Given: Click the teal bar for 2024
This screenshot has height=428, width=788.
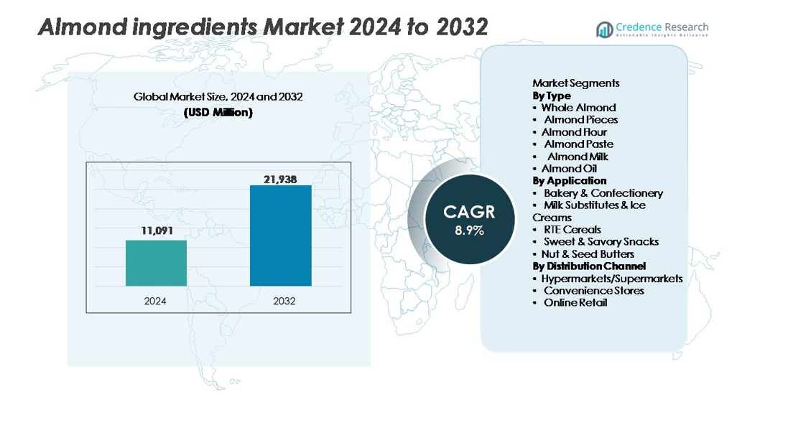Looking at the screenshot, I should tap(156, 263).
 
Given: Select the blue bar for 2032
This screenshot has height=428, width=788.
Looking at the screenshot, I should tap(280, 236).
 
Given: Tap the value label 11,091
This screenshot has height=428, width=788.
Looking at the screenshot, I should tap(156, 231).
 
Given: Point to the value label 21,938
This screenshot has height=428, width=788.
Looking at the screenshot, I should tap(280, 179).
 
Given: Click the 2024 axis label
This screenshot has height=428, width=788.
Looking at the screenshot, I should tap(155, 301).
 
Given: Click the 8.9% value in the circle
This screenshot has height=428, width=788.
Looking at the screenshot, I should tap(469, 231).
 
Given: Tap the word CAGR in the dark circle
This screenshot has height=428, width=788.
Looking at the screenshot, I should tap(469, 212).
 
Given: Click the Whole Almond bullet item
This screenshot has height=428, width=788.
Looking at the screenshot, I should tap(578, 108).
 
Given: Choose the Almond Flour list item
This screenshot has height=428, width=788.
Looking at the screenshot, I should tap(574, 132).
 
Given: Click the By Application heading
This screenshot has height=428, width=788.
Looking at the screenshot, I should tap(570, 181).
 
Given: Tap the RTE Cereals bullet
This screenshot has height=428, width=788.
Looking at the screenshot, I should tap(572, 230).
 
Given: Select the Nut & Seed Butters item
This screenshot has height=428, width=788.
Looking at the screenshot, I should tap(588, 254).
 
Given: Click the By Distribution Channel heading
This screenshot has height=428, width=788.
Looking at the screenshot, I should tap(589, 266).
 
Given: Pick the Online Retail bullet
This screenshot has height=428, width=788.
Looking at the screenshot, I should tap(575, 303).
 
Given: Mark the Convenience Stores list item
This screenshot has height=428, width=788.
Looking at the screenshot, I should tap(593, 291).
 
